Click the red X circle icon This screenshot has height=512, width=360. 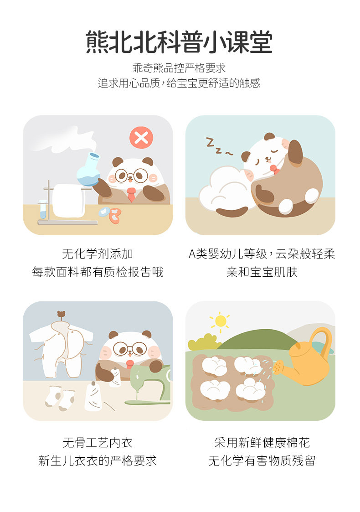tap(141, 138)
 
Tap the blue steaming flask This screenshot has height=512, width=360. tap(89, 170)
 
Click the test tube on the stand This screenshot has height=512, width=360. tap(43, 209)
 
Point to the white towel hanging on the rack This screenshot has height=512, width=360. tap(68, 201)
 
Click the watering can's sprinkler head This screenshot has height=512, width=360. tap(278, 367)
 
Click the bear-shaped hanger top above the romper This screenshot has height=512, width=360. tap(61, 315)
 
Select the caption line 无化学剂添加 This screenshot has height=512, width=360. tap(98, 253)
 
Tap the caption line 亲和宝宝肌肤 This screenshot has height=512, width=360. tap(262, 272)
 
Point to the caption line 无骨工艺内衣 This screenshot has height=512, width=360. tap(98, 442)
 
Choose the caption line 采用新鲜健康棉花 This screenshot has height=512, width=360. tap(262, 442)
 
